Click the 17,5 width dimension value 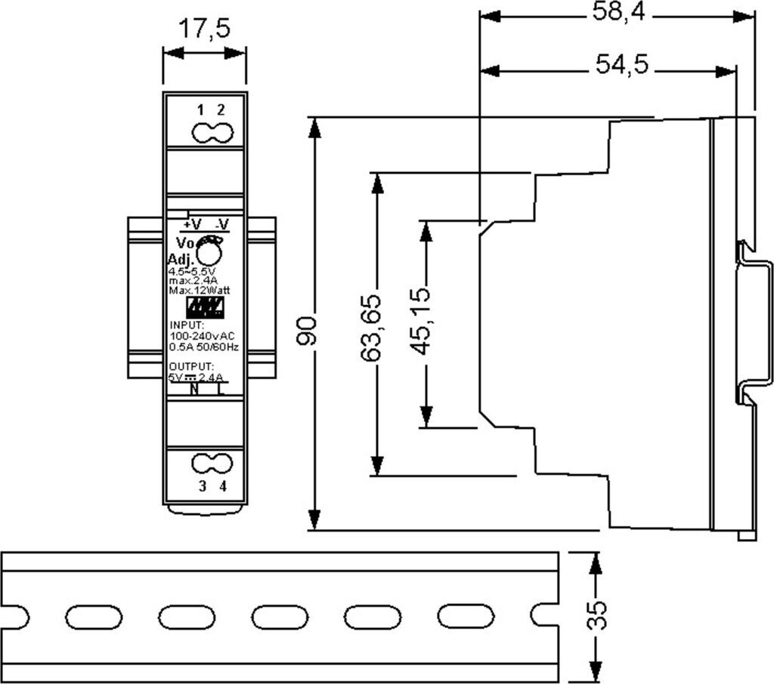point(204,29)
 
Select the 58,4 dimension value point(618,13)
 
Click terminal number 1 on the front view point(200,109)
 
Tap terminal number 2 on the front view point(221,109)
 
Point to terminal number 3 point(202,486)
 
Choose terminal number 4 point(222,486)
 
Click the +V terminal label point(192,224)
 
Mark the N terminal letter point(193,390)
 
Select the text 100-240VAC point(202,335)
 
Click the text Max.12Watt point(200,290)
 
